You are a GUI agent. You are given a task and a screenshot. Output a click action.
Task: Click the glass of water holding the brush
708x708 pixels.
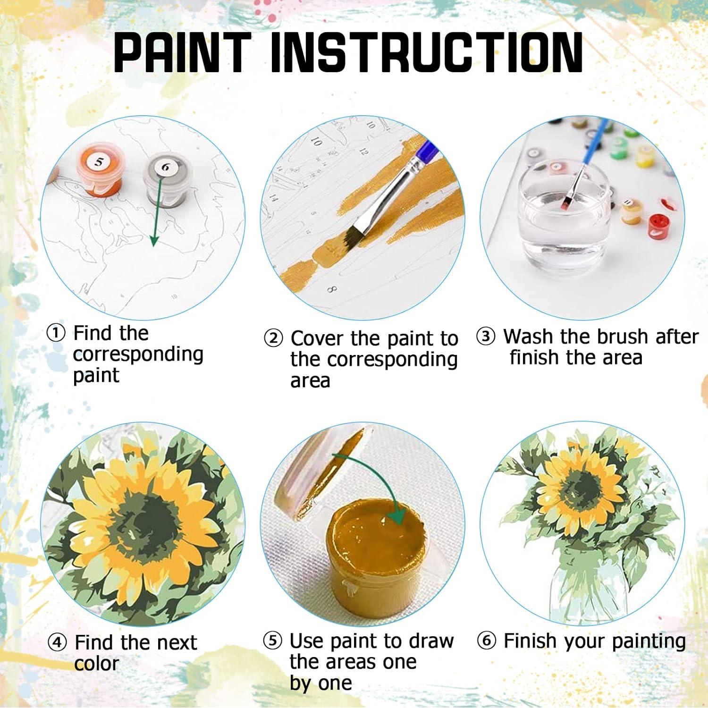point(562,215)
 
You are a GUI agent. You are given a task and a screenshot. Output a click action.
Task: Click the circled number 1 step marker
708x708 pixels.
point(56,333)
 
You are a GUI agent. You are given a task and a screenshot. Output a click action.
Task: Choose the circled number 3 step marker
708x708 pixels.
point(485,337)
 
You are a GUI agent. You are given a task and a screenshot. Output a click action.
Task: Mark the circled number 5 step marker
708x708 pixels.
point(272,641)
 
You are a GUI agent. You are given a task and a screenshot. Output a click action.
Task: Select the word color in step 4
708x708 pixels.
point(96,664)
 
